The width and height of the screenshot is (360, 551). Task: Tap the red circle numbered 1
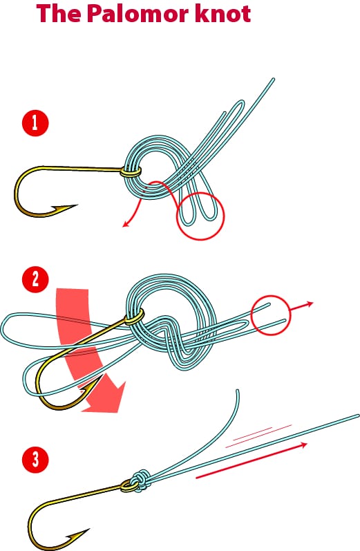click(x=35, y=123)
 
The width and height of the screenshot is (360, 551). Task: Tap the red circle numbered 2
click(x=35, y=280)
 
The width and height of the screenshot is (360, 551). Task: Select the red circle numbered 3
click(x=35, y=460)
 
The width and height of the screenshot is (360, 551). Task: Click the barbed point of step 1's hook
click(x=76, y=205)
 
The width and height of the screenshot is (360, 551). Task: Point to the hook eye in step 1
click(x=131, y=172)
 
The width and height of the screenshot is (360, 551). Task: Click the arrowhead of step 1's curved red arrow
click(x=125, y=225)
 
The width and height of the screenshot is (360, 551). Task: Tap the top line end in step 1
click(x=272, y=80)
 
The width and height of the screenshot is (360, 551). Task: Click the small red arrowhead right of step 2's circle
click(x=310, y=303)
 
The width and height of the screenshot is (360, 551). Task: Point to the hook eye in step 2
click(x=135, y=317)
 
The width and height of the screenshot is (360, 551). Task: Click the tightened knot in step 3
click(x=140, y=480)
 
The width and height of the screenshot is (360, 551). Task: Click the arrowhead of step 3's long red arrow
click(x=304, y=446)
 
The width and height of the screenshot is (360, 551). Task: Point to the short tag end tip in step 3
click(x=238, y=391)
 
